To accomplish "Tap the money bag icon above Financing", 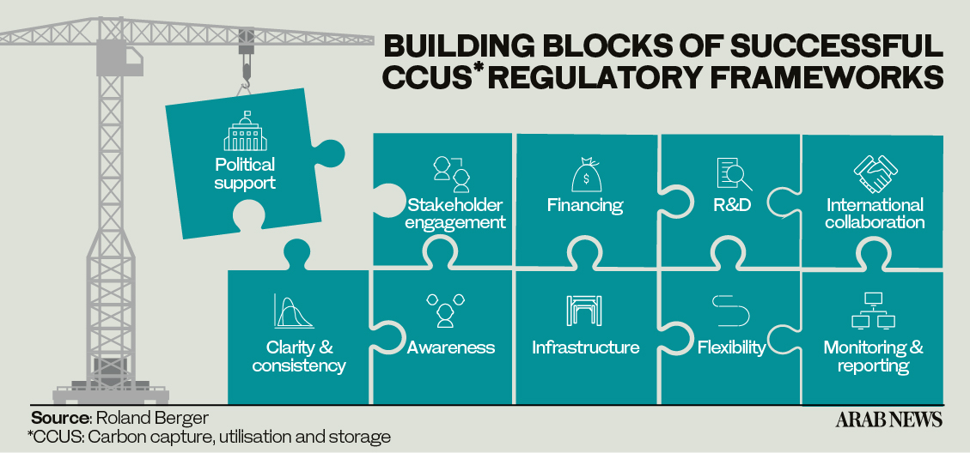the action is pyautogui.click(x=585, y=174).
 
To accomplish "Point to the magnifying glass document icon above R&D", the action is pyautogui.click(x=734, y=174).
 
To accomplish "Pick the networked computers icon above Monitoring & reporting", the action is pyautogui.click(x=873, y=311).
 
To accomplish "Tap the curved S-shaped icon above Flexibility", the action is pyautogui.click(x=730, y=311).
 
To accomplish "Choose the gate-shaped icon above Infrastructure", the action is pyautogui.click(x=584, y=311).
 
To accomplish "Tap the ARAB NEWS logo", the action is pyautogui.click(x=889, y=419).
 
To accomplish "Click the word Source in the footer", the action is pyautogui.click(x=61, y=417).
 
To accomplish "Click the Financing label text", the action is pyautogui.click(x=585, y=204).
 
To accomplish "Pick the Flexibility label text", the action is pyautogui.click(x=732, y=348).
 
